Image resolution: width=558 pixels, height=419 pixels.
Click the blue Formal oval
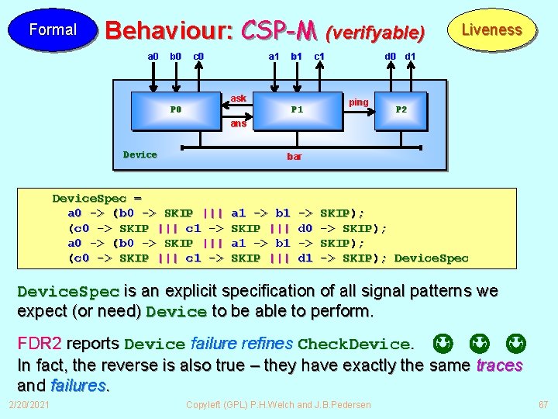[x=52, y=29]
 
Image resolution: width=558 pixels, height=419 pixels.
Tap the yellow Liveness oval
[x=491, y=30]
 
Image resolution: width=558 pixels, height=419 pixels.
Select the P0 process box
[x=176, y=109]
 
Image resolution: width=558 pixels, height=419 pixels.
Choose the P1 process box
[x=297, y=109]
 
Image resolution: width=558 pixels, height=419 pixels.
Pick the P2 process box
[x=401, y=109]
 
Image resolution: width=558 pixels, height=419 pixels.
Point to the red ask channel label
[x=239, y=98]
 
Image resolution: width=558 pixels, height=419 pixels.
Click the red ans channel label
[x=239, y=123]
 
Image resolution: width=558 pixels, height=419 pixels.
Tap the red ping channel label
[x=359, y=102]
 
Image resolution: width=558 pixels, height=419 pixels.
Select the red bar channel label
[x=294, y=157]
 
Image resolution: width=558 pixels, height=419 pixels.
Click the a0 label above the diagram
[x=153, y=56]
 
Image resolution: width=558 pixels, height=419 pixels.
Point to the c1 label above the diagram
[x=319, y=56]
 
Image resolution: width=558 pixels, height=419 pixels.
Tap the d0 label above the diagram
[x=392, y=56]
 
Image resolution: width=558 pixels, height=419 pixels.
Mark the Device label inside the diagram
[x=140, y=154]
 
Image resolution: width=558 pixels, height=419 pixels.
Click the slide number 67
[x=542, y=405]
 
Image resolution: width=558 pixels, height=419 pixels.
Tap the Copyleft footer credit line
[x=279, y=405]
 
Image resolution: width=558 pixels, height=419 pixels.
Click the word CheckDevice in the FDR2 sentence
[x=353, y=344]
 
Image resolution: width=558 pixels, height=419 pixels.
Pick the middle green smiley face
[x=478, y=342]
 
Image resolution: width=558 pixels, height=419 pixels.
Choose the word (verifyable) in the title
[x=376, y=33]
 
